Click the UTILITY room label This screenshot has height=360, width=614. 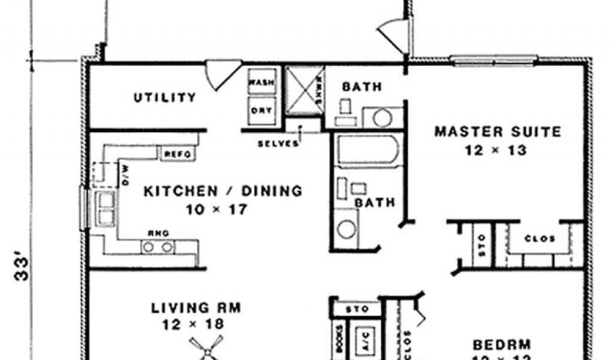coord(164,97)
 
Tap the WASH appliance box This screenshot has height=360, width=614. coord(261,82)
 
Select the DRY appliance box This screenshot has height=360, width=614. coord(261,110)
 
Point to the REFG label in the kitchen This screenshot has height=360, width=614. coord(177,154)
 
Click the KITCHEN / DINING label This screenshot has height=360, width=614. coord(222,191)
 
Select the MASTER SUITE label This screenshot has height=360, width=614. coord(498,131)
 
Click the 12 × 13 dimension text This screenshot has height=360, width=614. coord(495,150)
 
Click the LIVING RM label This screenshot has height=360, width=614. coord(195,308)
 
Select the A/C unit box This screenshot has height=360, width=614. coord(364,340)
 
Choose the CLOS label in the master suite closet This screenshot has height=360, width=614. coord(539,239)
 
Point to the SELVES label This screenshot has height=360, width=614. coord(278,144)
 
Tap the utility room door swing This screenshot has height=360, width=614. coord(218,73)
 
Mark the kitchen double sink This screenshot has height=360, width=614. coord(106,208)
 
